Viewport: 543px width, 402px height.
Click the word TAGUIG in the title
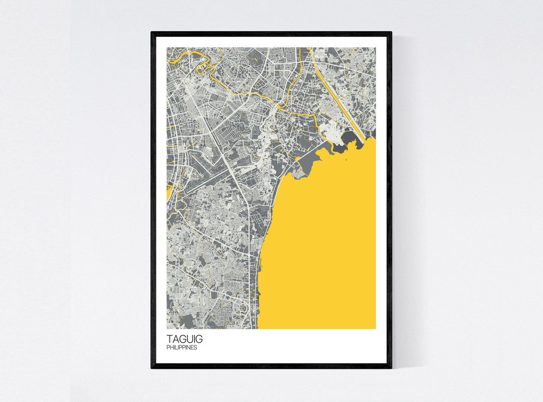[185, 339]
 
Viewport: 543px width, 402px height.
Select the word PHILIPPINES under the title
[182, 347]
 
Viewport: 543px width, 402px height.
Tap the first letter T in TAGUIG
[169, 339]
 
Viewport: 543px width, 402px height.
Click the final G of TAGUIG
[199, 339]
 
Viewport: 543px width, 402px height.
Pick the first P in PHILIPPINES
[168, 347]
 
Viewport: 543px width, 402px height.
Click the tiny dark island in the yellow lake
[346, 161]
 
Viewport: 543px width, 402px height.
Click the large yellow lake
[327, 241]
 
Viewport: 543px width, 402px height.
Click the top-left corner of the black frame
[152, 33]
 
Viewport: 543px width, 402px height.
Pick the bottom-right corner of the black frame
[391, 367]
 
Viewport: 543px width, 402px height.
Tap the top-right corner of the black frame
[391, 33]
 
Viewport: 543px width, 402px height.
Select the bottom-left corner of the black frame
[152, 367]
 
